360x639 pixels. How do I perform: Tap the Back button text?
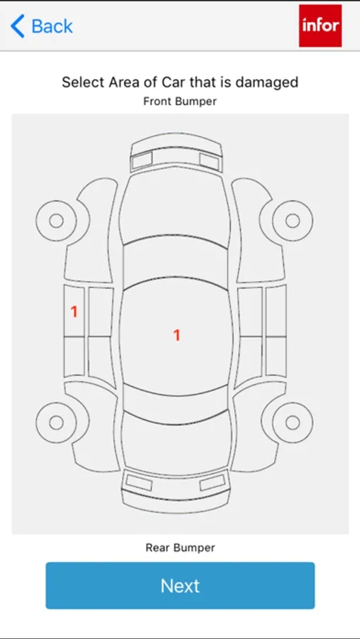[x=52, y=26]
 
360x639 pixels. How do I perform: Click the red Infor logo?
[x=320, y=26]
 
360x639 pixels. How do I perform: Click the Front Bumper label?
[x=180, y=102]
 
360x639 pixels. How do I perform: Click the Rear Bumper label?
[x=180, y=547]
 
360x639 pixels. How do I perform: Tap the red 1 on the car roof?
[x=177, y=335]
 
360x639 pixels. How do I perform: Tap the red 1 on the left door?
[x=74, y=312]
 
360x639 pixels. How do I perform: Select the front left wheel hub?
[x=56, y=221]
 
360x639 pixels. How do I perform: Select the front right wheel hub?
[x=293, y=221]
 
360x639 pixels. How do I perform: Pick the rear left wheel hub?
[x=56, y=422]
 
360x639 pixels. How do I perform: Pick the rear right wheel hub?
[x=293, y=422]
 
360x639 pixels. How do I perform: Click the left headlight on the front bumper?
[x=142, y=160]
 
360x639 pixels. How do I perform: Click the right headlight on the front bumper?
[x=209, y=162]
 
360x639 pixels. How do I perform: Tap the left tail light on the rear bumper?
[x=139, y=483]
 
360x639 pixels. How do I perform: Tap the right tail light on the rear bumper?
[x=212, y=483]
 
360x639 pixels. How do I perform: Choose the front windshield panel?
[x=175, y=265]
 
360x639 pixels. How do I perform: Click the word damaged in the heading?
[x=267, y=82]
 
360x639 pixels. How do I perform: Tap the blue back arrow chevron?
[x=18, y=26]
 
